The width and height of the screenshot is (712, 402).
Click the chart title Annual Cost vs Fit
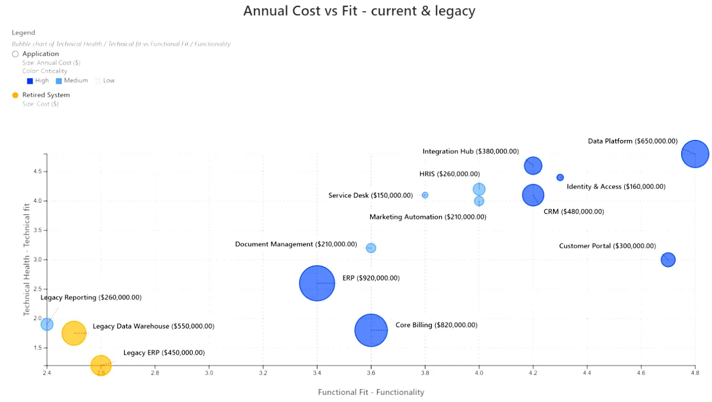click(359, 11)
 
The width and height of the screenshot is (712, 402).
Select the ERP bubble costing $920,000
click(317, 283)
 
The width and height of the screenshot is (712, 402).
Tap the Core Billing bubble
click(371, 330)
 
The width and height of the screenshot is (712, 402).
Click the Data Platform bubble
click(695, 154)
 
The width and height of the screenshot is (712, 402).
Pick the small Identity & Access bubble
click(560, 177)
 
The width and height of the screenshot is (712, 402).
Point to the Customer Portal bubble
click(668, 260)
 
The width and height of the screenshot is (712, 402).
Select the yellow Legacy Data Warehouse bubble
click(74, 333)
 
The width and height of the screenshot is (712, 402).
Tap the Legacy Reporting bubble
click(47, 324)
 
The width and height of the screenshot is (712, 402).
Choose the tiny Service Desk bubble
click(425, 195)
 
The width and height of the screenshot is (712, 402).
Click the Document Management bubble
click(371, 248)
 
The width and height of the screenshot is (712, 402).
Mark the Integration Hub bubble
click(533, 165)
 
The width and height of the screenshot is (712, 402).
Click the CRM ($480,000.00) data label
click(573, 212)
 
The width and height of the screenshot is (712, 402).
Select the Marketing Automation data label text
click(428, 217)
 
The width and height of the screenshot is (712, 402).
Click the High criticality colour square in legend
click(30, 81)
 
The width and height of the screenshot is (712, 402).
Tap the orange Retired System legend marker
click(15, 95)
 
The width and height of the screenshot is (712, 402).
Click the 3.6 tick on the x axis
click(371, 374)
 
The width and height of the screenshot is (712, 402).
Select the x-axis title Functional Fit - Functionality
click(371, 392)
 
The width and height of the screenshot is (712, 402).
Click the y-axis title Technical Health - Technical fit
click(27, 259)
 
